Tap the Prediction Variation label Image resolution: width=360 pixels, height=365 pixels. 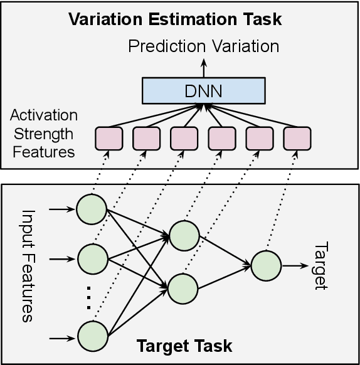pos(204,47)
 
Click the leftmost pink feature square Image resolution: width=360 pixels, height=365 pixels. pos(108,138)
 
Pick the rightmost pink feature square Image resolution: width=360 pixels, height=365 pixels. pos(297,138)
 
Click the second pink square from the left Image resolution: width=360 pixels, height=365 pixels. pos(146,138)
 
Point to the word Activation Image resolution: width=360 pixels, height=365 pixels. pos(44,116)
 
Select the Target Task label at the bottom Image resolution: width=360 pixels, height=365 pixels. pos(184,346)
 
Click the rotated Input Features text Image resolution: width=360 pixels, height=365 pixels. pos(28,265)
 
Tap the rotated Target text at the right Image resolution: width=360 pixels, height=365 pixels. pos(319,265)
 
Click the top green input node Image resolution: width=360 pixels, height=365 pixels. pos(92,209)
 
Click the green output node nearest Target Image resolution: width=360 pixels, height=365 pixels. pos(266,265)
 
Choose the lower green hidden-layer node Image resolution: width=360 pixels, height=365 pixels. pos(184,288)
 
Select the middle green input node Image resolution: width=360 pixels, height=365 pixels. pos(92,258)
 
